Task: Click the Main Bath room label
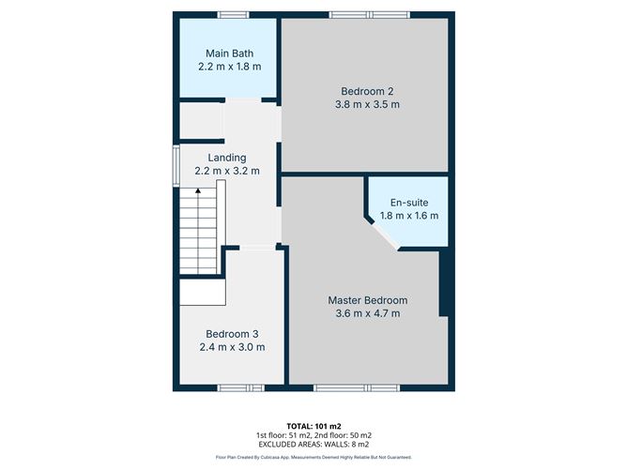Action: pos(229,53)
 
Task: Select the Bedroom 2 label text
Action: pos(367,91)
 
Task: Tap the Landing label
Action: pos(227,158)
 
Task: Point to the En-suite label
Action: pos(408,203)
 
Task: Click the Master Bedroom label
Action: pos(367,300)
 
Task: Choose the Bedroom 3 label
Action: pos(232,334)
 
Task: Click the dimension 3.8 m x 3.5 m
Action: pos(367,104)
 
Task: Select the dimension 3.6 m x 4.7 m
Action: pos(367,313)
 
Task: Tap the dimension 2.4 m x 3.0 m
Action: pos(232,347)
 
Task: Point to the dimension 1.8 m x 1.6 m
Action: pos(408,216)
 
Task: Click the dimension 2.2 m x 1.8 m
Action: pos(229,67)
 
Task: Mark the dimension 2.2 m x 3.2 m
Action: pos(227,171)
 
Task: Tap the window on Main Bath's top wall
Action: pos(233,13)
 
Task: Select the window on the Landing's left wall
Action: pos(176,159)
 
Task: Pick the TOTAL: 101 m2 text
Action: pos(313,425)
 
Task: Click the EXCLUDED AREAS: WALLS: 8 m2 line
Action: pos(313,445)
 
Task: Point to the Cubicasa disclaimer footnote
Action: pos(313,458)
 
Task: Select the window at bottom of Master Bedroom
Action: pos(357,387)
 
